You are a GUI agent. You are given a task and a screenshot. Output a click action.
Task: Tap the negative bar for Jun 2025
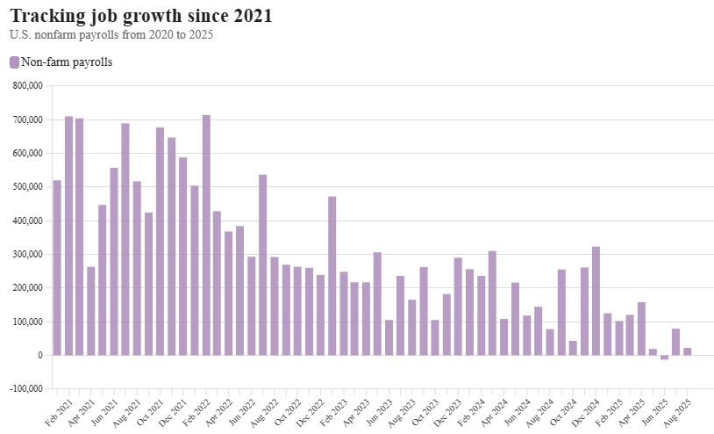coord(664,358)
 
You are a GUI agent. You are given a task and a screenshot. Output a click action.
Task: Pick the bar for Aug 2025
coord(688,351)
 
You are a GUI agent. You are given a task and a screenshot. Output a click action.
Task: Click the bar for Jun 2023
coord(389,337)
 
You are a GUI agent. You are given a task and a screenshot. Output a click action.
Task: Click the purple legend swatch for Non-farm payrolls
coord(14,62)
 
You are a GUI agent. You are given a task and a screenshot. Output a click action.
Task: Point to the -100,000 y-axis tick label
coord(26,389)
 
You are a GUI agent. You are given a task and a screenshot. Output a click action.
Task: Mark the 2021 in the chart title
coord(252,16)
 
